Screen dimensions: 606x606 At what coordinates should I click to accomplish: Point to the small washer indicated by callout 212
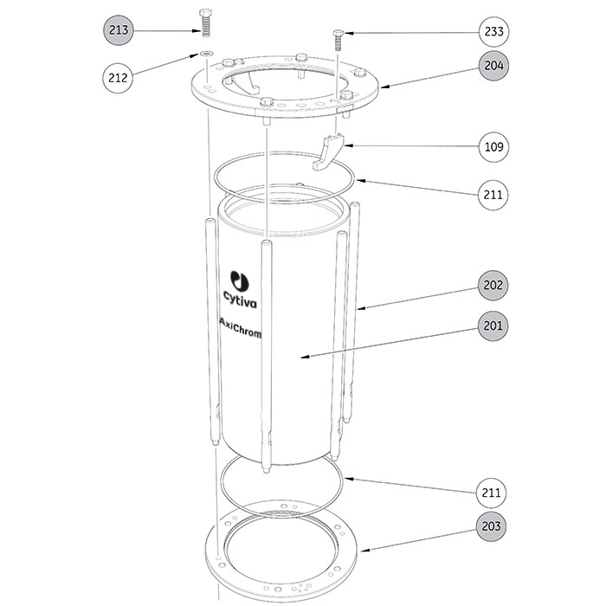(x=205, y=55)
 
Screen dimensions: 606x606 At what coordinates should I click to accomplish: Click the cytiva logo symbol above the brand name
(x=238, y=280)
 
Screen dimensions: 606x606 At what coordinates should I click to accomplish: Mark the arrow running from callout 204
(x=428, y=76)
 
